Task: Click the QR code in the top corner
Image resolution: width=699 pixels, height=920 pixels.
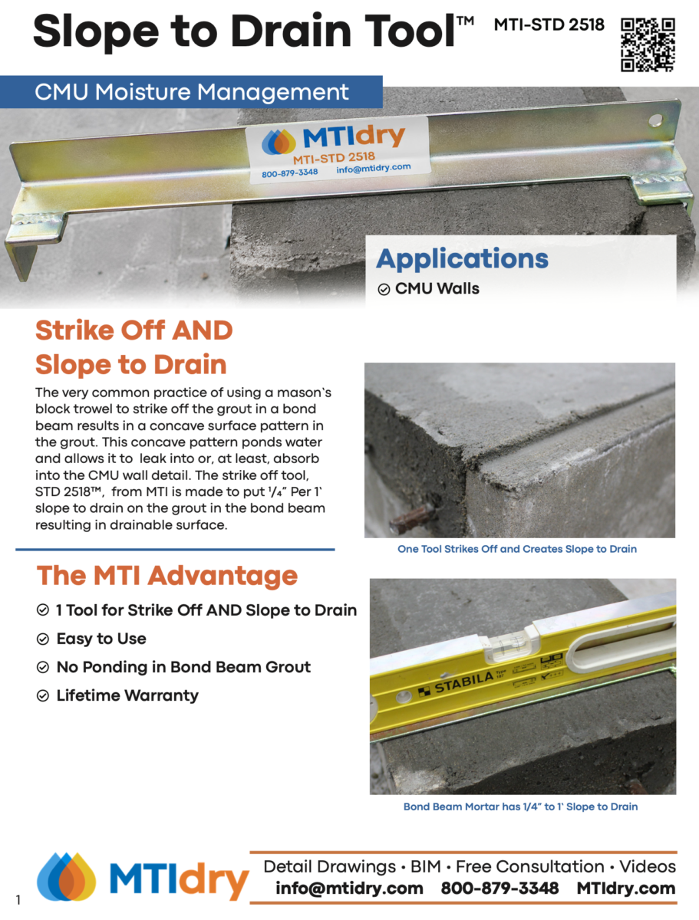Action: (648, 44)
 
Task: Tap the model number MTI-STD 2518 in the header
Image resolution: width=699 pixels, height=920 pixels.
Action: (549, 25)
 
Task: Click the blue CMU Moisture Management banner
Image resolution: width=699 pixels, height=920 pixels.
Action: (191, 92)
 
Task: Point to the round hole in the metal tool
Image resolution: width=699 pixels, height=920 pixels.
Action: (655, 120)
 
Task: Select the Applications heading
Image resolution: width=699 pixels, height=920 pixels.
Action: (462, 258)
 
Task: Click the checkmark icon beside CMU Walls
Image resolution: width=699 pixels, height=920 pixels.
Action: (384, 289)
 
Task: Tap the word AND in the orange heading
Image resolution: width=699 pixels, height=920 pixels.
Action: (203, 330)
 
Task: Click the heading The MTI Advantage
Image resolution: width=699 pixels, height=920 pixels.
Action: (167, 575)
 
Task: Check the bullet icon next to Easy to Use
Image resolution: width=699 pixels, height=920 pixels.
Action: (43, 639)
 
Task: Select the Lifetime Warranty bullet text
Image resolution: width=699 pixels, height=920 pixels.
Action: (127, 695)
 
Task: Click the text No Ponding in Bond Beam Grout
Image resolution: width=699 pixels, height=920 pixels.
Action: (183, 667)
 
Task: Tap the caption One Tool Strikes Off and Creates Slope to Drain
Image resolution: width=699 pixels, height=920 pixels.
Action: (517, 549)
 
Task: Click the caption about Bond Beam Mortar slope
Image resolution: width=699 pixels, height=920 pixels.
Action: (520, 807)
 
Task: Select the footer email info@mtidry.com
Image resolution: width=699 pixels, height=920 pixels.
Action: (349, 889)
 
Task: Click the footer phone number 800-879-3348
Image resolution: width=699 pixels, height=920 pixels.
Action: (500, 889)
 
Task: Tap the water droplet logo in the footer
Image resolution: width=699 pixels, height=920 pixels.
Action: (66, 876)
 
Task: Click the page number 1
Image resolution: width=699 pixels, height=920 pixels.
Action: (18, 900)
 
